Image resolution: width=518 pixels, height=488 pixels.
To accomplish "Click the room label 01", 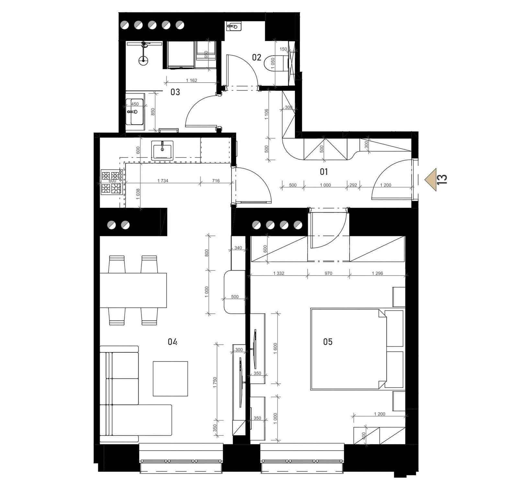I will [324, 171].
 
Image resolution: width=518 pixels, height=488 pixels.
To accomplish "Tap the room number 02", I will [256, 57].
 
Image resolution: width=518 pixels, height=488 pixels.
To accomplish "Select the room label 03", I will [175, 92].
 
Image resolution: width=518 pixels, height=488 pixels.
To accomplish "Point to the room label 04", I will [173, 342].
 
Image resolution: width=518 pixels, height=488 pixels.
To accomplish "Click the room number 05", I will [328, 342].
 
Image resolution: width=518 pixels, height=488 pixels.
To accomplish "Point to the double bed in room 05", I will [348, 348].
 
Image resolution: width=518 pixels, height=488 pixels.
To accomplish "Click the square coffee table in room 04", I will [170, 378].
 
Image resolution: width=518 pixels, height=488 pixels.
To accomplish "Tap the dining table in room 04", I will [133, 290].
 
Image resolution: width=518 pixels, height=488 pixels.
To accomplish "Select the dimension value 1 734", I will [163, 180].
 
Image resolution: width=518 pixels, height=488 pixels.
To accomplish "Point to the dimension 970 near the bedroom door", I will [328, 273].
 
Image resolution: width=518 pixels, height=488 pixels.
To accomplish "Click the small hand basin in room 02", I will [233, 27].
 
